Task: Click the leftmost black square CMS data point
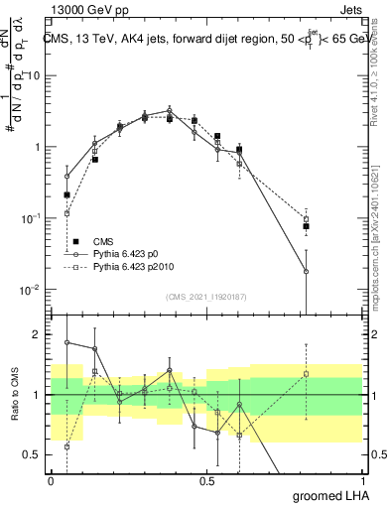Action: pos(66,195)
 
